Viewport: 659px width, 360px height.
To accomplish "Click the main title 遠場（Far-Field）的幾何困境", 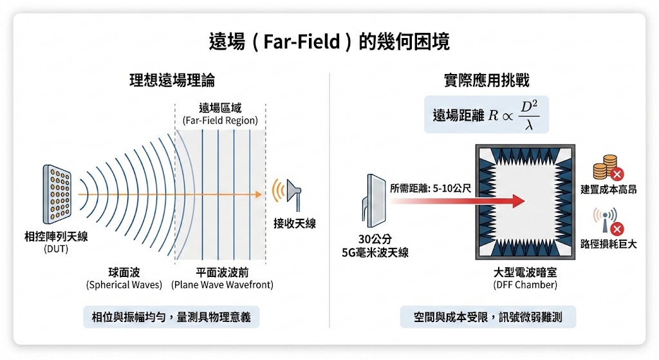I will (x=329, y=42).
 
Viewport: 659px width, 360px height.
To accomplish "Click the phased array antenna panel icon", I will (x=56, y=191).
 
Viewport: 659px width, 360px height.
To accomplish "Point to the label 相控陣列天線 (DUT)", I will (x=56, y=242).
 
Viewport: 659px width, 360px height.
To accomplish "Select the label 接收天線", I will (x=295, y=223).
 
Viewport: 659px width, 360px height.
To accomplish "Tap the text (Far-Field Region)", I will (x=219, y=120).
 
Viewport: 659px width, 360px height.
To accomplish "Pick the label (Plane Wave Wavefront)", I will (x=222, y=285).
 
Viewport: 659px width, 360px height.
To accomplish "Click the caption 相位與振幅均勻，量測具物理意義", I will (x=171, y=317).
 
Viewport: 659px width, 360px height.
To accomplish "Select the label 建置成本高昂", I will (x=608, y=191).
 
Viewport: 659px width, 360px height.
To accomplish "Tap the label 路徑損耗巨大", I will (x=608, y=244).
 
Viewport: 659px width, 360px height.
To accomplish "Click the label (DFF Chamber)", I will (x=525, y=285).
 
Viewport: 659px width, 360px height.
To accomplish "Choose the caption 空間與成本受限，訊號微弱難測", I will (x=487, y=317).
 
